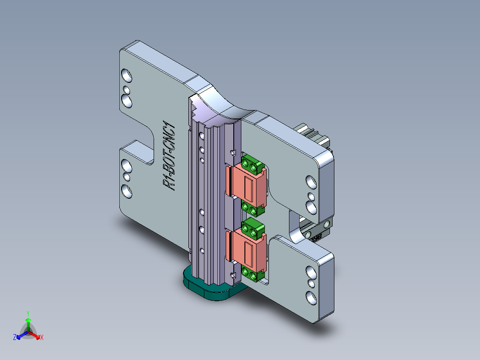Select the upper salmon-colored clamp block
(x=248, y=184)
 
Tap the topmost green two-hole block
(x=252, y=166)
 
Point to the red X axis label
(x=42, y=338)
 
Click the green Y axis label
(x=28, y=313)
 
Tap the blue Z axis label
(x=15, y=337)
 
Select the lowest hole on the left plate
(x=127, y=192)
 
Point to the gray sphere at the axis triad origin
(x=28, y=332)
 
